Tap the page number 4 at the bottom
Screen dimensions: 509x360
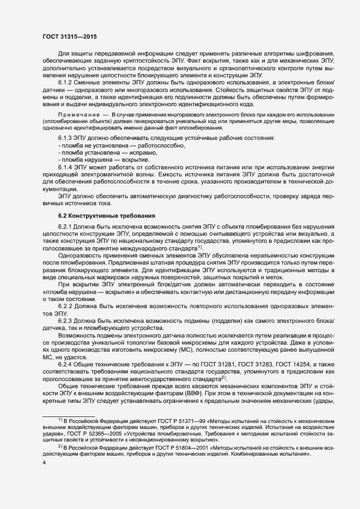pos(44,463)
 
